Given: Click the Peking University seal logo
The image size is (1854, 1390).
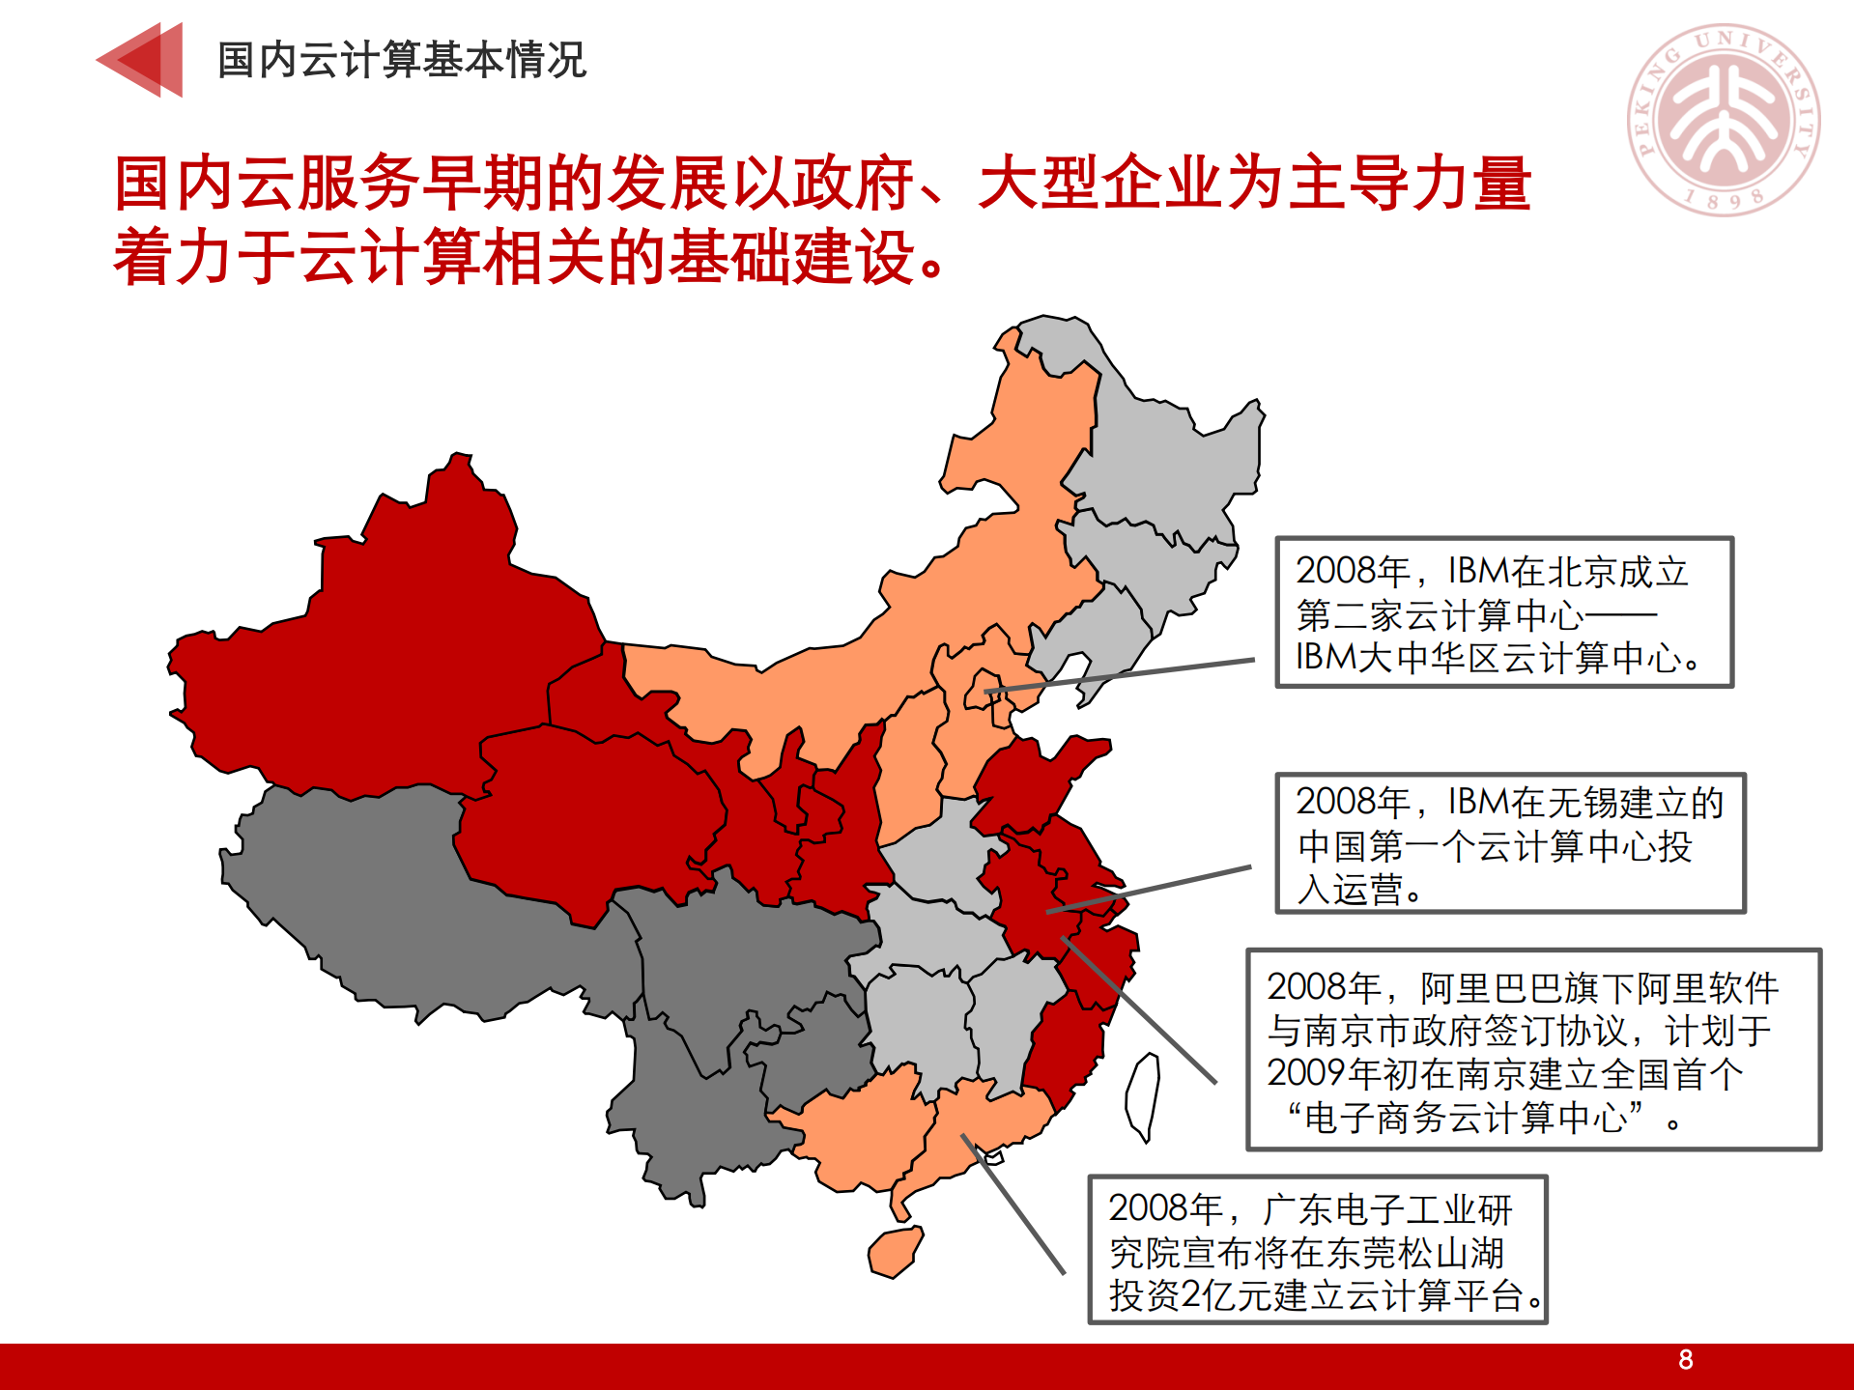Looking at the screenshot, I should tap(1725, 120).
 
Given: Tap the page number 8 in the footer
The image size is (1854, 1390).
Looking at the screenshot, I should tap(1685, 1360).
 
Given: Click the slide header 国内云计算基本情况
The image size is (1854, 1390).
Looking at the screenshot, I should tap(401, 60).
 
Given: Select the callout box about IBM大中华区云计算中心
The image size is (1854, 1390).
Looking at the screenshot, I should tap(1504, 612).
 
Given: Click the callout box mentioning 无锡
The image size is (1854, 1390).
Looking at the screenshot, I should tap(1509, 843).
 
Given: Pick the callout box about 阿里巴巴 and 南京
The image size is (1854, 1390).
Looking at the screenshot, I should tap(1533, 1050).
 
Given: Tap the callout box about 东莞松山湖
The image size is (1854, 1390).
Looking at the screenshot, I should tap(1317, 1250).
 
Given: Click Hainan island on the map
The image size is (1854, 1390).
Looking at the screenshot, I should tap(896, 1251).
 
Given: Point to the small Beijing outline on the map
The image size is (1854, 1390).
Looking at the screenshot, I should tap(982, 689).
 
